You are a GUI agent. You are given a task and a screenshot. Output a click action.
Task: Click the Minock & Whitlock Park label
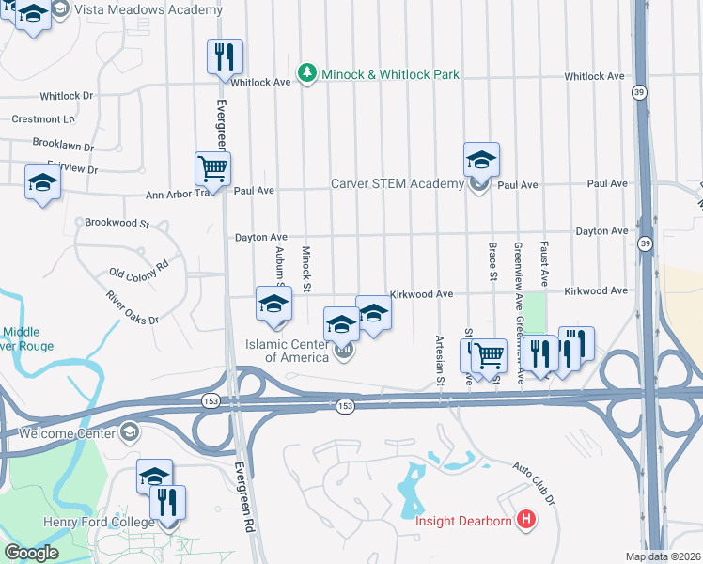(390, 73)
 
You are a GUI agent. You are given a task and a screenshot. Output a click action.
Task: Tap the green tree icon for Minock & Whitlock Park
(306, 73)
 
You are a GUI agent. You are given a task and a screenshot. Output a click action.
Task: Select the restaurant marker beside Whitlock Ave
(225, 57)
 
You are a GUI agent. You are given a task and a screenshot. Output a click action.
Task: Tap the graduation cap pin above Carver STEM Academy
(481, 160)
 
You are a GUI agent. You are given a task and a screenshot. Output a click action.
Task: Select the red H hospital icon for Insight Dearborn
(526, 518)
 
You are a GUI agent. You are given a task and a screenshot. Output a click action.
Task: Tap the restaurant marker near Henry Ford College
(167, 503)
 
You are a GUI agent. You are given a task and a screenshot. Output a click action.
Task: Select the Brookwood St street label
(117, 224)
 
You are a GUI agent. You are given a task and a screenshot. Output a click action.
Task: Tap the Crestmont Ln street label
(43, 119)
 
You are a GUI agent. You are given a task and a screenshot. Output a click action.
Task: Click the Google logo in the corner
(31, 553)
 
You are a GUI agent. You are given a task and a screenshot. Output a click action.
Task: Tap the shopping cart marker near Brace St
(489, 356)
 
